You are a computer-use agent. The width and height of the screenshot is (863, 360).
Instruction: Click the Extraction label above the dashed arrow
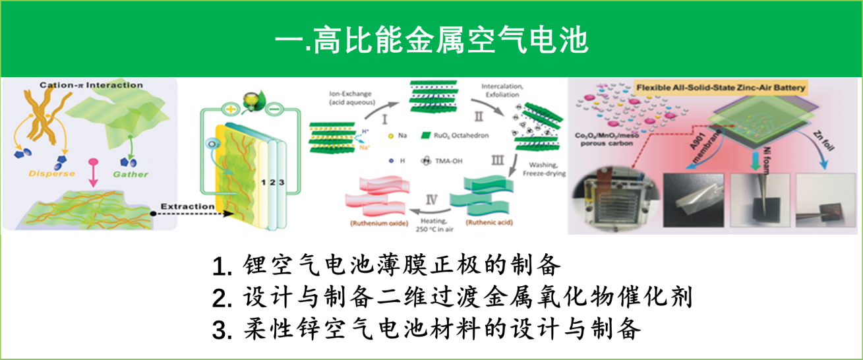pyautogui.click(x=188, y=206)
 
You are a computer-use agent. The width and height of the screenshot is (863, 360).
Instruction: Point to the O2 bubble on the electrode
pyautogui.click(x=214, y=144)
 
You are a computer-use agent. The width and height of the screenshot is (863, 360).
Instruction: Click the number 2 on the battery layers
pyautogui.click(x=270, y=182)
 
